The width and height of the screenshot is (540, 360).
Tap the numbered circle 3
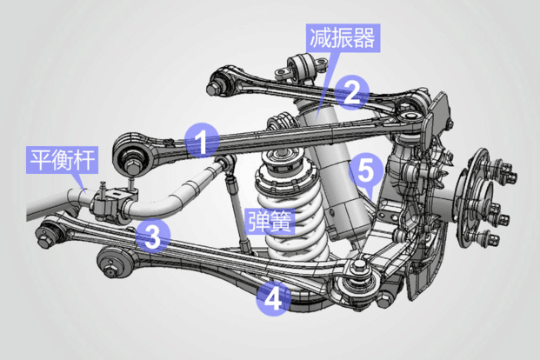(x=151, y=236)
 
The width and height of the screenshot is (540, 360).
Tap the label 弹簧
(x=270, y=219)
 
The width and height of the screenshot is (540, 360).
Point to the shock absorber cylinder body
(x=339, y=174)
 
